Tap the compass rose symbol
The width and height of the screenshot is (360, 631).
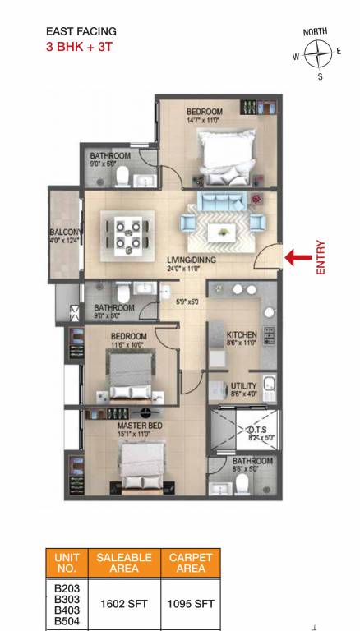(x=316, y=55)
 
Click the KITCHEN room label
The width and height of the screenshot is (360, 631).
(x=242, y=335)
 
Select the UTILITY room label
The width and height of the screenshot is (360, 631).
(x=244, y=385)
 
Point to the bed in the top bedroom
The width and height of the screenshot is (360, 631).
(x=224, y=151)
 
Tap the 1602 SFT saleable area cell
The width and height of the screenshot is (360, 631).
(x=123, y=604)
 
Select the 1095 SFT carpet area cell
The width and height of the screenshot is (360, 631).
(x=191, y=604)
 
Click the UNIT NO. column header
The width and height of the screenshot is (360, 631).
(x=67, y=563)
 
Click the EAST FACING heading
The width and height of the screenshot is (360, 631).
(x=81, y=32)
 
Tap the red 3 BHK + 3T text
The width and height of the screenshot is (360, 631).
(x=79, y=47)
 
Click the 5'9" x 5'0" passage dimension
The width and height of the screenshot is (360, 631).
(x=187, y=302)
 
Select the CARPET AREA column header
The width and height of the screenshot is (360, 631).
(x=191, y=563)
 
